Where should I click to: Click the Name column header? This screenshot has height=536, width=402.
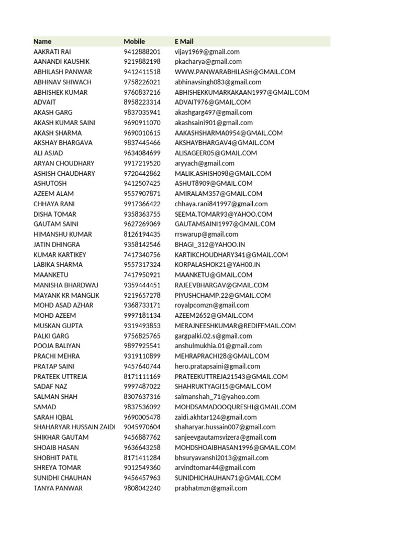coord(43,41)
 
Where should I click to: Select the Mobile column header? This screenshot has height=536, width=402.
coord(135,41)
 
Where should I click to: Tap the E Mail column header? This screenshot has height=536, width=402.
coord(184,41)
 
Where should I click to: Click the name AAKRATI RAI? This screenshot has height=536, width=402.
coord(52,52)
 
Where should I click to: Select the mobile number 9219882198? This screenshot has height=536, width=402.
coord(142,62)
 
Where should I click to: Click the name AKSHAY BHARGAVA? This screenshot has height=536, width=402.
coord(63,143)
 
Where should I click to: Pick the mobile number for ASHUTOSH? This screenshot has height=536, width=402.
coord(142,183)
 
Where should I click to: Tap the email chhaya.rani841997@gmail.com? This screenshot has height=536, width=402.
coord(221,204)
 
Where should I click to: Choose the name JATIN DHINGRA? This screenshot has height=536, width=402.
coord(57,244)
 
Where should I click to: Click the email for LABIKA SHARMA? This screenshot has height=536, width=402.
coord(218,265)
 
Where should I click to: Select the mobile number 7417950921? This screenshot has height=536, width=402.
coord(142,275)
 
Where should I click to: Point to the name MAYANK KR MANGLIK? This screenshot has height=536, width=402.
coord(62,295)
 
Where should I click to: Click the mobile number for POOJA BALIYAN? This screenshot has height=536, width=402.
coord(142,346)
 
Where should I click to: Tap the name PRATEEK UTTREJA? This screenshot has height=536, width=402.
coord(61,376)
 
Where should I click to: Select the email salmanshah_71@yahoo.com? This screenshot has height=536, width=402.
coord(217,397)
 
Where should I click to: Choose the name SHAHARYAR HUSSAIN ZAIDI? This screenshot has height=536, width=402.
coord(74,427)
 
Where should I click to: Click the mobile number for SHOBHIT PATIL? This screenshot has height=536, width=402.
coord(142,457)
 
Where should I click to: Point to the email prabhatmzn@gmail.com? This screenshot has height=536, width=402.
coord(211,488)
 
